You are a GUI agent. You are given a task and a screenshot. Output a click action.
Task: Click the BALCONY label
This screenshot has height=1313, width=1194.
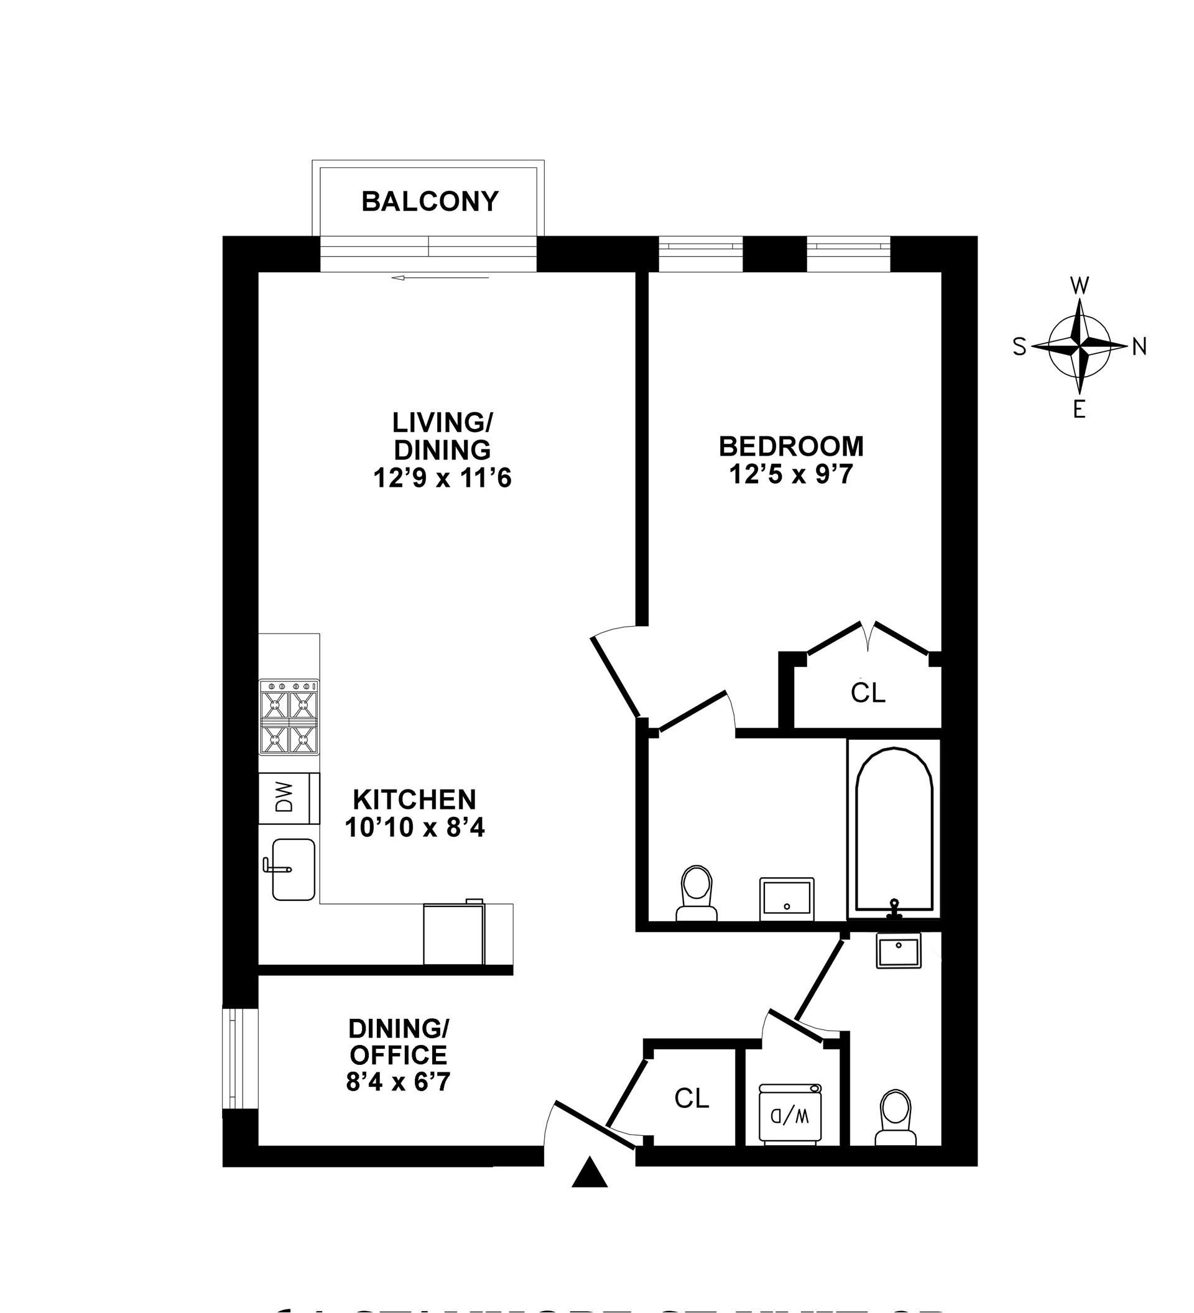click(x=430, y=201)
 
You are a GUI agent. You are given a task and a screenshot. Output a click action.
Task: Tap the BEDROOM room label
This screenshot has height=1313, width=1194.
click(x=791, y=446)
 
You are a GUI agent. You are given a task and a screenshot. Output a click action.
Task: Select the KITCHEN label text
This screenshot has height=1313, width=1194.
click(x=414, y=799)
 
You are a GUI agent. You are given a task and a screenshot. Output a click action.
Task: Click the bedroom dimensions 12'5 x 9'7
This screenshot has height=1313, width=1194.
click(x=791, y=475)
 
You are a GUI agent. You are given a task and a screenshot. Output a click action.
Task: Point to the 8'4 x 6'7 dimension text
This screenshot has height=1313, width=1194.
click(x=398, y=1082)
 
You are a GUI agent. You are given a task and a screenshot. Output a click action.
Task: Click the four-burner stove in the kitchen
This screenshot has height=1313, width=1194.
click(x=289, y=717)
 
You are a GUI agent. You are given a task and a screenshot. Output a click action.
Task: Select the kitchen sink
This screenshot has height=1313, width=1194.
click(x=293, y=869)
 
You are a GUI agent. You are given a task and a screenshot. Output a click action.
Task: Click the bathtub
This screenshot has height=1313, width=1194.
click(x=894, y=829)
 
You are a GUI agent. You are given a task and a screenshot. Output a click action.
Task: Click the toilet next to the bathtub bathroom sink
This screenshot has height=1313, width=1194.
click(x=696, y=892)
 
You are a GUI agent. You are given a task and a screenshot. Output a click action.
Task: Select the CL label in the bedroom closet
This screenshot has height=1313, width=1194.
click(x=868, y=693)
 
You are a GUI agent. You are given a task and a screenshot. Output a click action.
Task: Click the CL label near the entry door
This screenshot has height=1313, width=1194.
click(x=691, y=1098)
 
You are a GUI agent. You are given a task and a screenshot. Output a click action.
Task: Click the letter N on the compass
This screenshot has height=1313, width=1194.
click(x=1139, y=347)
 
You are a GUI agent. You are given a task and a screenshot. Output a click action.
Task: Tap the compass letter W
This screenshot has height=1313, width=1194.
click(x=1080, y=285)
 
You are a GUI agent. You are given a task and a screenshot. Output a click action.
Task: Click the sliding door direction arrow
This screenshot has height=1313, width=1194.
click(x=440, y=278)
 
